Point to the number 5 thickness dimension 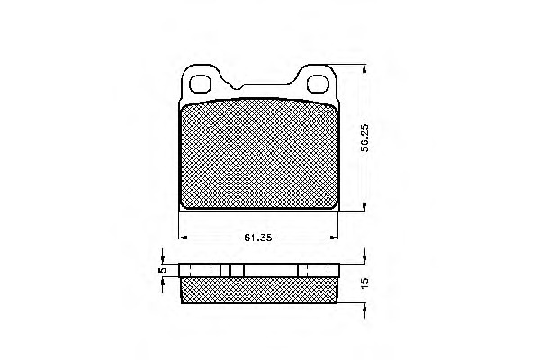pos(163,269)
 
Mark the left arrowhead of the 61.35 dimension pos(183,238)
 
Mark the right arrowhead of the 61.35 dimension pos(337,238)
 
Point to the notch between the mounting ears pos(234,86)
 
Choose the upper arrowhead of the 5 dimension pos(163,260)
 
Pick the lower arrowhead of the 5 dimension pos(163,281)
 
